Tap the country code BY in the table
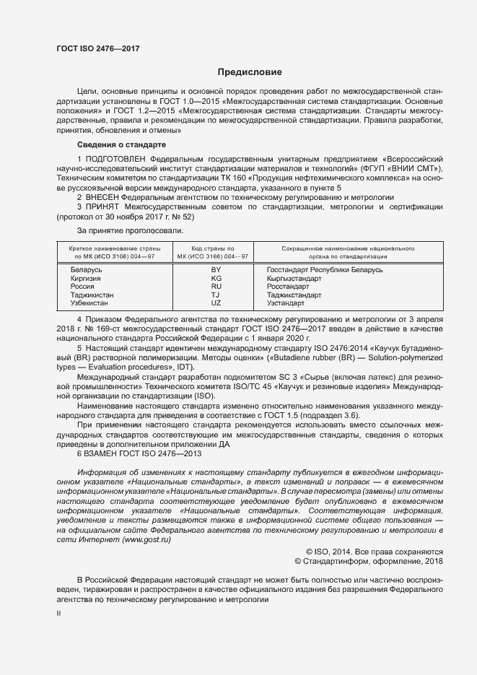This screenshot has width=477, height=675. point(216,269)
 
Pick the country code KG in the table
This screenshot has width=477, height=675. point(216,278)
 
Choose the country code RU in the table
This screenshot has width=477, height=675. point(216,286)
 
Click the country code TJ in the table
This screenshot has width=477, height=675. point(216,295)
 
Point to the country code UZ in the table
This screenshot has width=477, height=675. point(216,302)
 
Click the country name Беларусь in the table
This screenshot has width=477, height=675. point(86,269)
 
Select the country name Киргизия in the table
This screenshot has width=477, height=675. point(86,278)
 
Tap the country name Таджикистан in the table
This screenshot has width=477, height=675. point(92,295)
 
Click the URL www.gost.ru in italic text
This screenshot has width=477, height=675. point(148,539)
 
